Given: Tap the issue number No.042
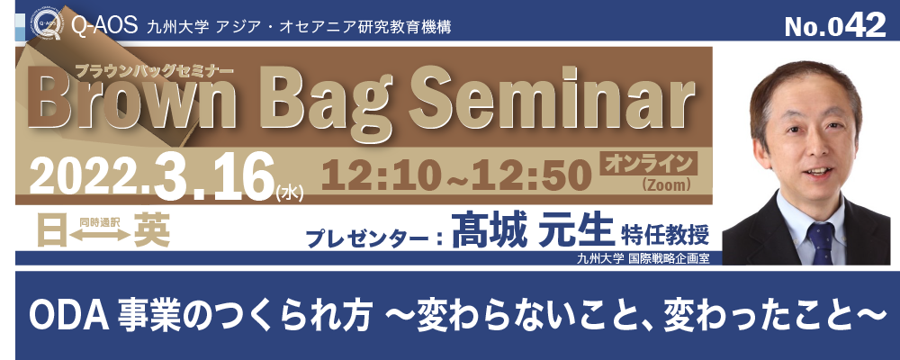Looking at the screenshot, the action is click(x=835, y=26).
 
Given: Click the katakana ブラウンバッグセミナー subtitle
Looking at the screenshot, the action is click(x=155, y=70).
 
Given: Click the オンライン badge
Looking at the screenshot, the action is click(x=648, y=164).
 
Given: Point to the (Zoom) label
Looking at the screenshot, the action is click(x=665, y=184).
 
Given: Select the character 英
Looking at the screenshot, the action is click(x=151, y=229).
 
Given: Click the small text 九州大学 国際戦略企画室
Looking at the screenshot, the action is click(x=643, y=257).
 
